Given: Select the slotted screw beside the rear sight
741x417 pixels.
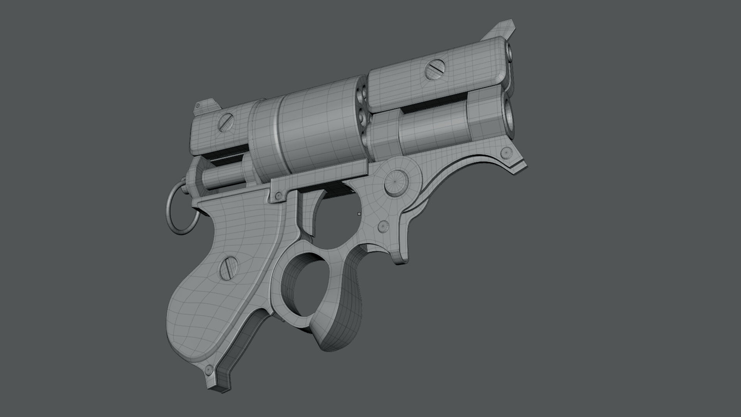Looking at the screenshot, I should (225, 123).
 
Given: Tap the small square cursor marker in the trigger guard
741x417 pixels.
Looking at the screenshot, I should (359, 213).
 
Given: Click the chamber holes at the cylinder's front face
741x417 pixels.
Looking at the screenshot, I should (361, 104).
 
